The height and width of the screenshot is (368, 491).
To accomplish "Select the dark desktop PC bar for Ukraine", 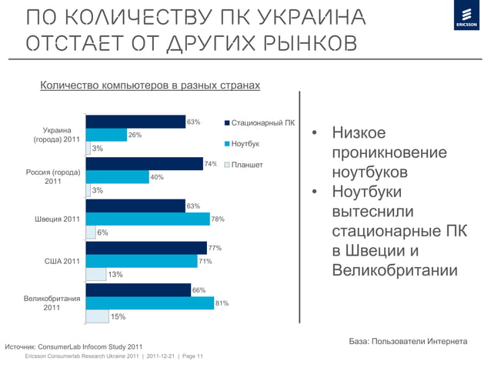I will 135,122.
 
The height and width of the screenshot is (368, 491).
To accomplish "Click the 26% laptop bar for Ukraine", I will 106,135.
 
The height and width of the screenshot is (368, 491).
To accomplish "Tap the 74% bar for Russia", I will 144,163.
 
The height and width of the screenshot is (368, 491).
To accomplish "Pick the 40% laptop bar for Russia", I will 117,177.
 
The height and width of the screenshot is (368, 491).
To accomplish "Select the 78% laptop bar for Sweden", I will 148,219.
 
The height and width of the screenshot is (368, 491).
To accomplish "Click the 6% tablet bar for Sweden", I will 91,233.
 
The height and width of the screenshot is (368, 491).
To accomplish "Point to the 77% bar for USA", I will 145,248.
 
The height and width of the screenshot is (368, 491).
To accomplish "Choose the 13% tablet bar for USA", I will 95,273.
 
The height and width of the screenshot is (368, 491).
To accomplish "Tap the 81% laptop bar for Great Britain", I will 150,303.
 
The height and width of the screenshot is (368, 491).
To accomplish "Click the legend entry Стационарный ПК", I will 258,122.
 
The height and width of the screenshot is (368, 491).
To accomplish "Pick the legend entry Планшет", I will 246,165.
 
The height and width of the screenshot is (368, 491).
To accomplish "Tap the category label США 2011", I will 62,262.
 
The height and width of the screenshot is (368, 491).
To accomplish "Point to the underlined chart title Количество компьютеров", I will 149,85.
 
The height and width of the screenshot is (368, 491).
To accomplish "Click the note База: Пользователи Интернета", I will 409,341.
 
